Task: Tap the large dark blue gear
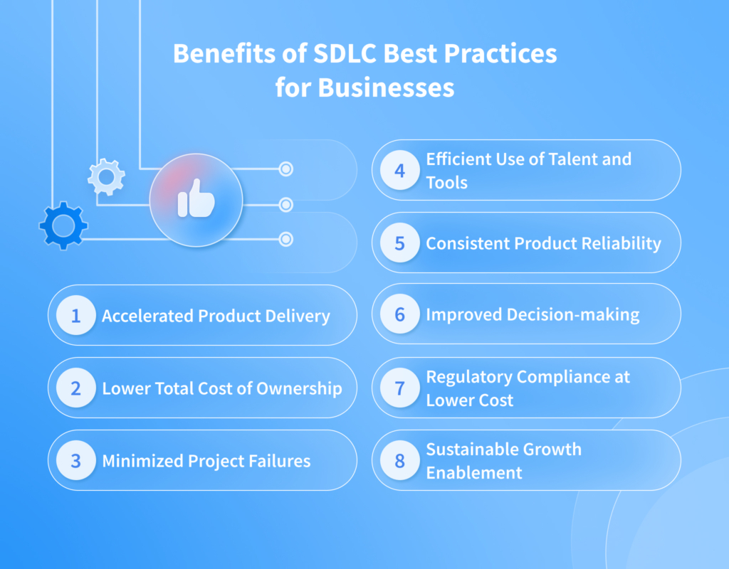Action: pos(63,226)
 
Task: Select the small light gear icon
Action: pos(106,177)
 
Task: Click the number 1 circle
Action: pos(75,315)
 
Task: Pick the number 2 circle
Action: pos(75,388)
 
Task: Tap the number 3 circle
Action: pos(75,460)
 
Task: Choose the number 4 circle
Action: pos(399,170)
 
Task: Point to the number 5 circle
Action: pos(399,243)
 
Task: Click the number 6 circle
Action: pos(399,314)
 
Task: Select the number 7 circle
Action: pos(399,388)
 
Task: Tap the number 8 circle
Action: pos(399,460)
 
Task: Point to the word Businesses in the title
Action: pos(386,87)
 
